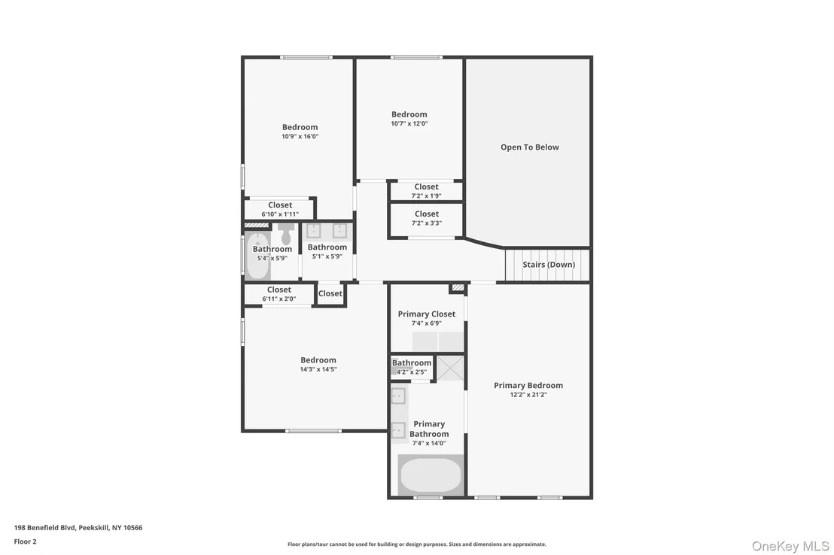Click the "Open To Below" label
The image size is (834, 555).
530,147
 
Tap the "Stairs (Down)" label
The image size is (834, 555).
549,265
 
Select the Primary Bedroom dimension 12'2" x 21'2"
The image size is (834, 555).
528,395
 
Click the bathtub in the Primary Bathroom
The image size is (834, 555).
431,475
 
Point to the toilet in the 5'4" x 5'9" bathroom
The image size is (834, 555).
286,233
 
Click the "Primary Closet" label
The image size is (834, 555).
427,314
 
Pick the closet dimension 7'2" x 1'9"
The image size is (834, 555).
427,196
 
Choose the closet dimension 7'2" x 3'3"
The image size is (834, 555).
427,223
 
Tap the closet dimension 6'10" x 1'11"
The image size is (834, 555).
280,214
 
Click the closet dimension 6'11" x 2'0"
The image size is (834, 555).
279,299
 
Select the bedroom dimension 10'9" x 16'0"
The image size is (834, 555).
300,136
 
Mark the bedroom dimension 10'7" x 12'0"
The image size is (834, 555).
409,123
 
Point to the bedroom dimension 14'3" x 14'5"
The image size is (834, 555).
318,369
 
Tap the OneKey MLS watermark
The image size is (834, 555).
790,546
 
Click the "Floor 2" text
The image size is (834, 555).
25,541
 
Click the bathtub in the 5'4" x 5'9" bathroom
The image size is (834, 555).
257,256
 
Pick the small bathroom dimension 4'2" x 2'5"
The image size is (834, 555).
412,372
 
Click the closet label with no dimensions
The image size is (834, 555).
330,293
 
